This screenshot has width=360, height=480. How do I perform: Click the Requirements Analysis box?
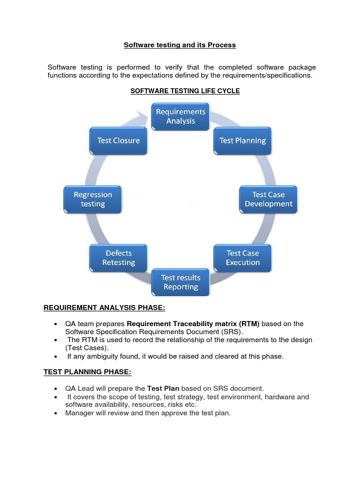[180, 117]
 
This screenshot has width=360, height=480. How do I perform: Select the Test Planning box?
[242, 141]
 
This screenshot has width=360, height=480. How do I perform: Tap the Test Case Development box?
[268, 199]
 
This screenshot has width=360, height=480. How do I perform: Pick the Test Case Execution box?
[242, 258]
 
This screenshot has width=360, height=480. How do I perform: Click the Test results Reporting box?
[180, 282]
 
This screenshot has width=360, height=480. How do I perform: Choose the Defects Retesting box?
[119, 258]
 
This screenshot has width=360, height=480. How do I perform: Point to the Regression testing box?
[93, 199]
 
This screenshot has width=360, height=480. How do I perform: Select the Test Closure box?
[119, 141]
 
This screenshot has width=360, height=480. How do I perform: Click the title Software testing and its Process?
[180, 45]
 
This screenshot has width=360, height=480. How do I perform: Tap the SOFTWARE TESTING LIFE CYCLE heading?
[185, 91]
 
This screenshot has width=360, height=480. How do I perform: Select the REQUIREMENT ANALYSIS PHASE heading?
[105, 307]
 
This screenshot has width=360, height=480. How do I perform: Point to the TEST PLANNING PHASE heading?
[88, 372]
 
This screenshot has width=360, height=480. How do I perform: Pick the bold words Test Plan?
[163, 388]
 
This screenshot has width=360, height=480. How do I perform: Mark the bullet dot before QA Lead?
[56, 389]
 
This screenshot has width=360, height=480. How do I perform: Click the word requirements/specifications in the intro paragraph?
[269, 75]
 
